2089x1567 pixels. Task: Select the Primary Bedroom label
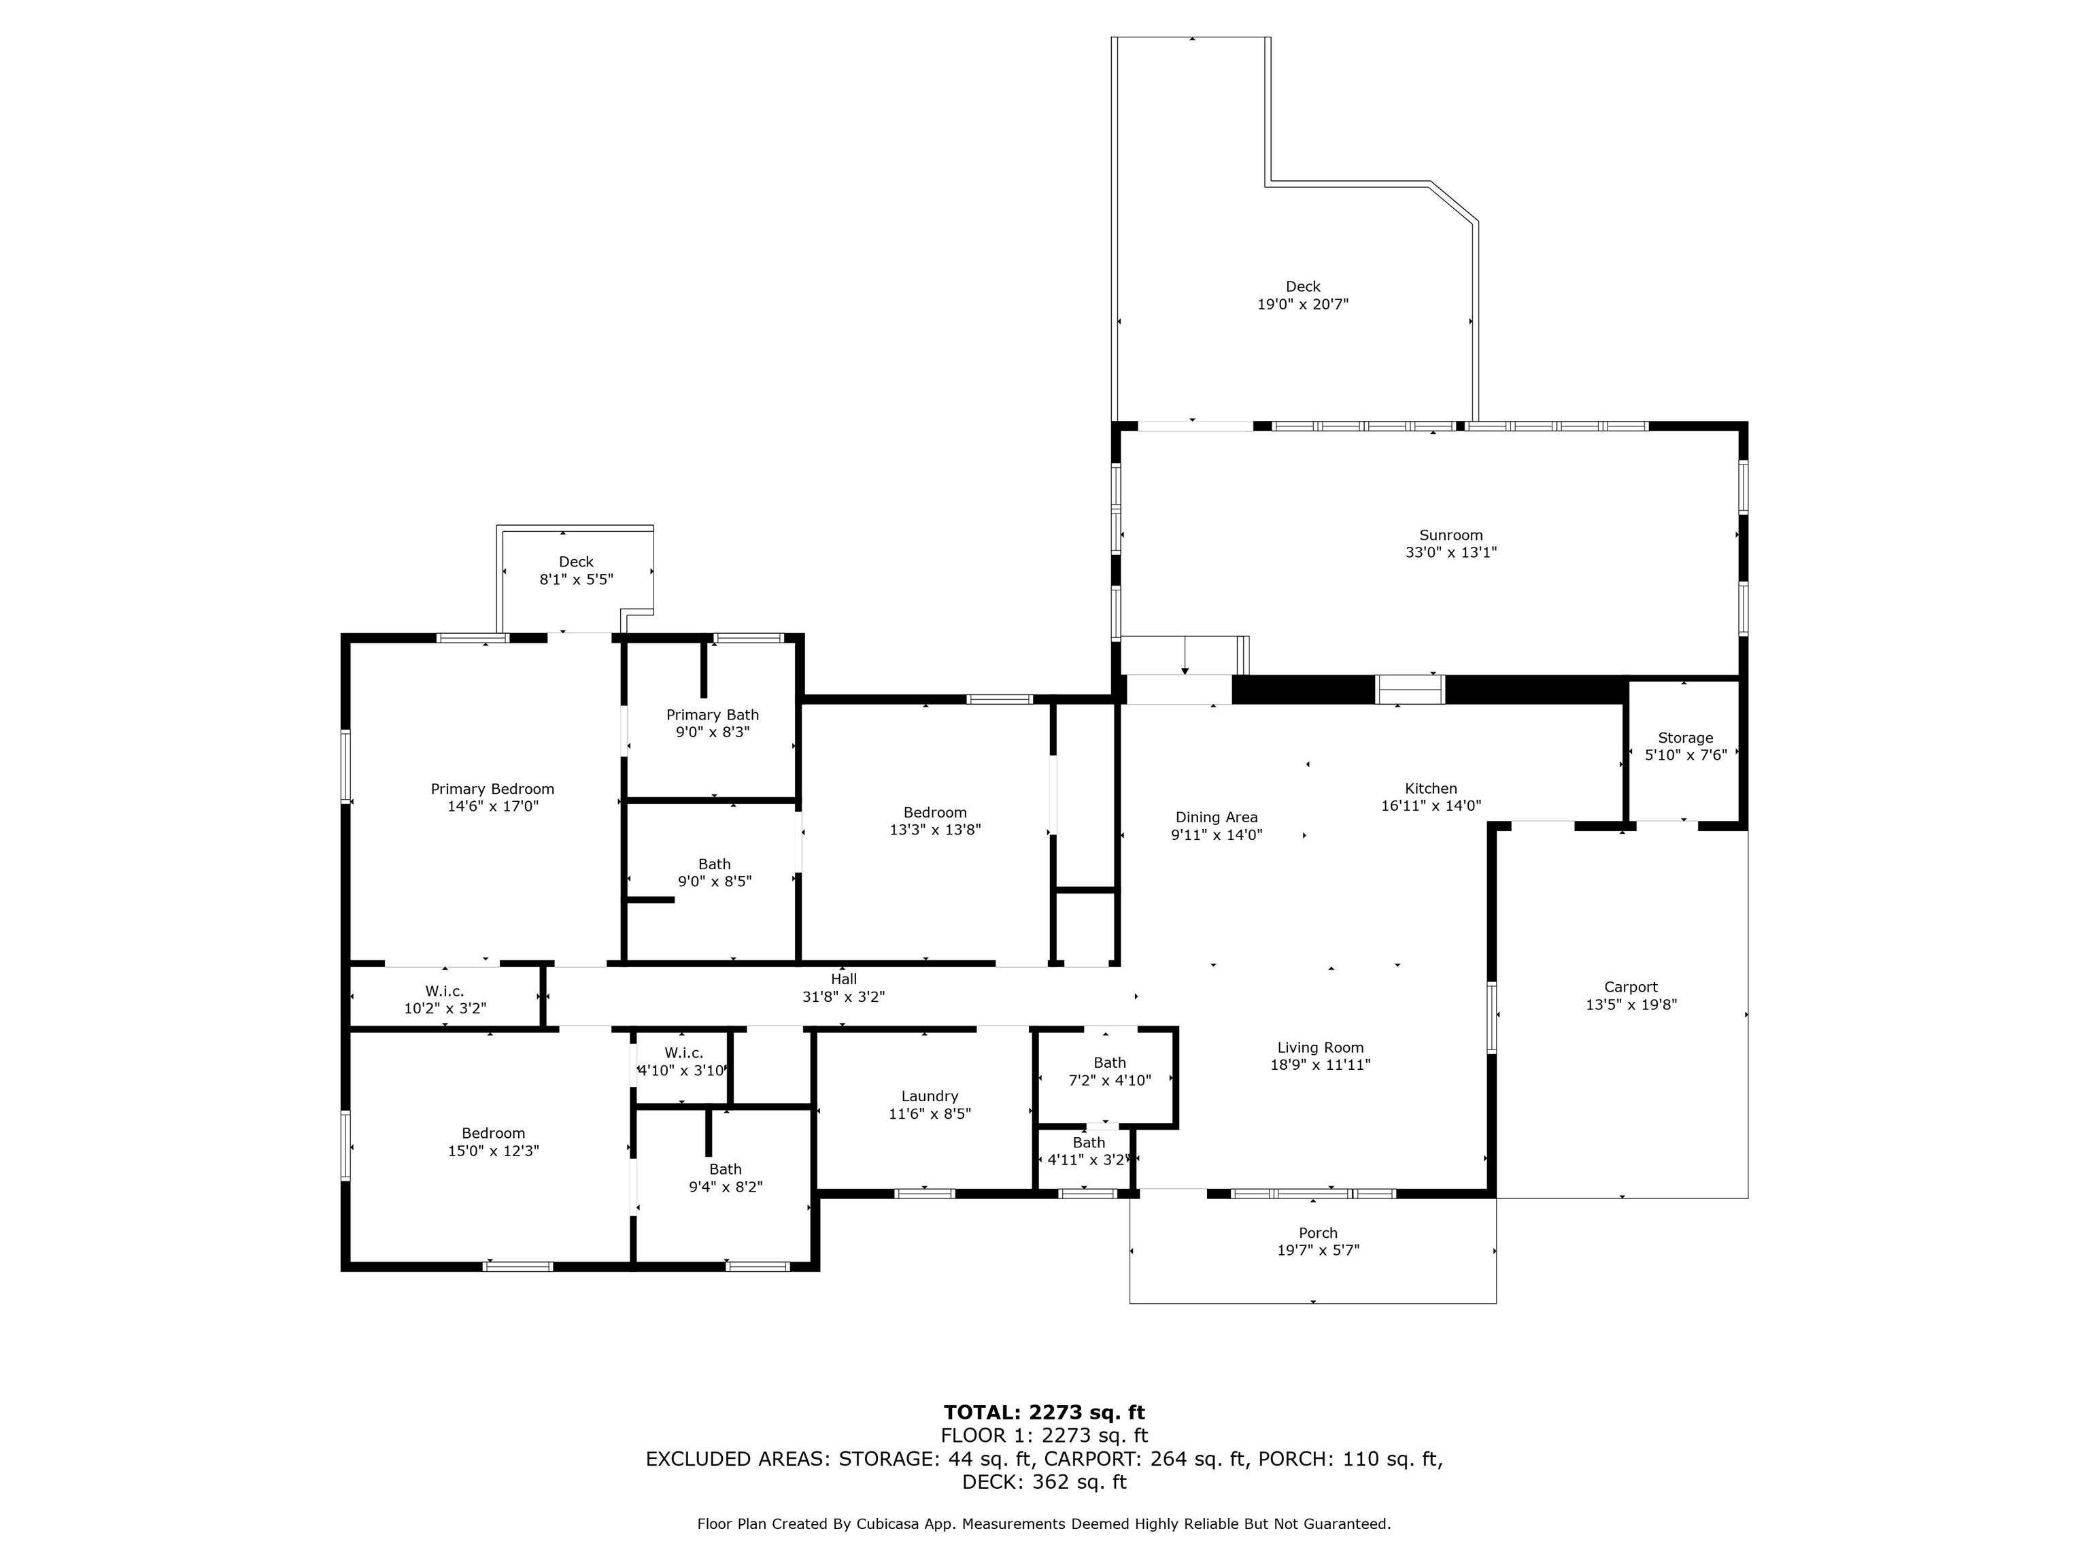coord(492,789)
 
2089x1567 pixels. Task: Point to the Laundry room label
coord(930,1096)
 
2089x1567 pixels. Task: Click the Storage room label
coord(1685,738)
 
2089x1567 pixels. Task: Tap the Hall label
coord(843,979)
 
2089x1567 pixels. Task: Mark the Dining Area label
coord(1217,817)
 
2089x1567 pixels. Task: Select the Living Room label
coord(1321,1047)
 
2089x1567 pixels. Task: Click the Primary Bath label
coord(712,715)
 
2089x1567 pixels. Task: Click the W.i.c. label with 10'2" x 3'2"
coord(444,991)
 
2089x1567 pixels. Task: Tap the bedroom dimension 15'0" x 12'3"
coord(493,1151)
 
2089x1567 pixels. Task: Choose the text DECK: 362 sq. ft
coord(1044,1482)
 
